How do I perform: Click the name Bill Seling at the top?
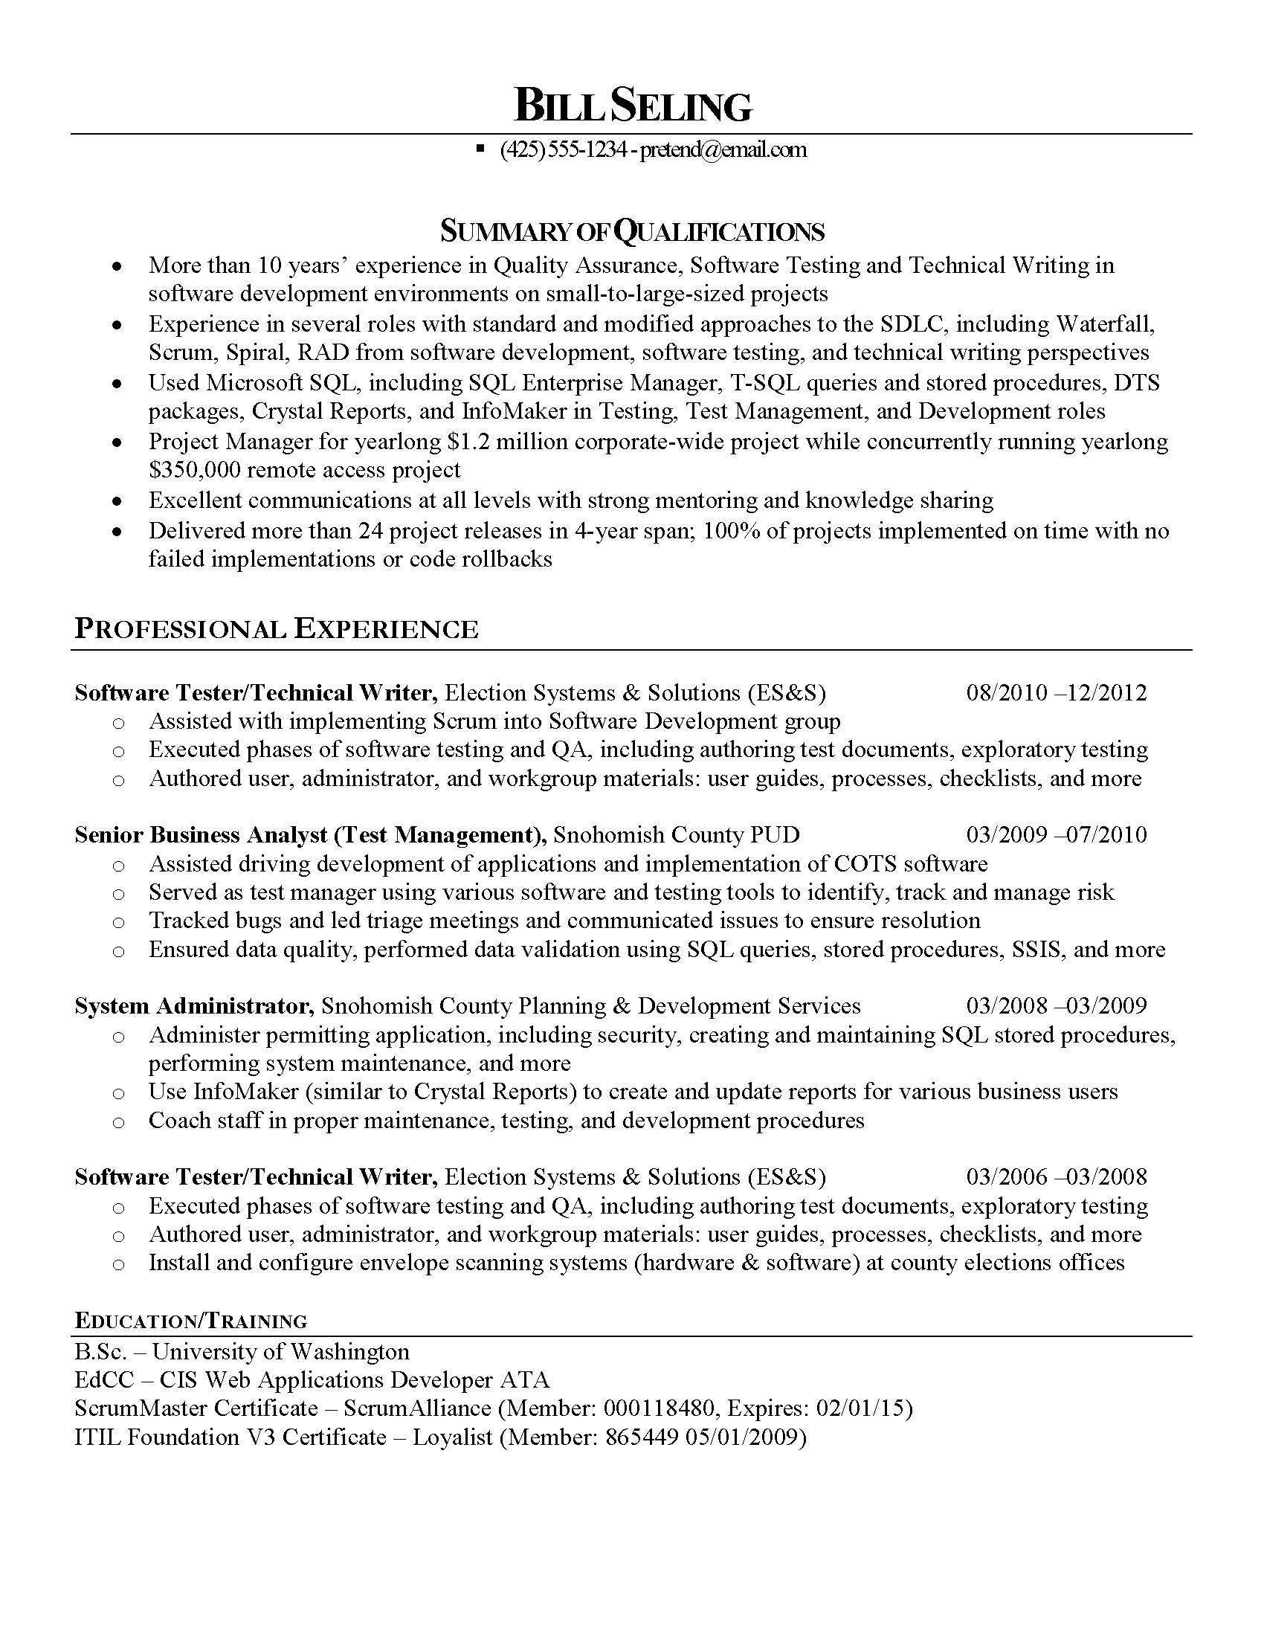[x=633, y=106]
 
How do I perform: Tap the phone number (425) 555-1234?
[x=562, y=149]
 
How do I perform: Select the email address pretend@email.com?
[x=723, y=149]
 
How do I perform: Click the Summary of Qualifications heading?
[x=632, y=231]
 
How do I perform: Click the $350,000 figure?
[x=195, y=471]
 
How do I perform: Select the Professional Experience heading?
[x=277, y=629]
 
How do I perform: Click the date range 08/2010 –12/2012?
[x=1057, y=692]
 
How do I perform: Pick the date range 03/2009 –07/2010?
[x=1057, y=834]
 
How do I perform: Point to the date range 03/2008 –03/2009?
[x=1057, y=1006]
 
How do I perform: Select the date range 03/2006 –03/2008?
[x=1057, y=1177]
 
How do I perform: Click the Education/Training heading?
[x=191, y=1320]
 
